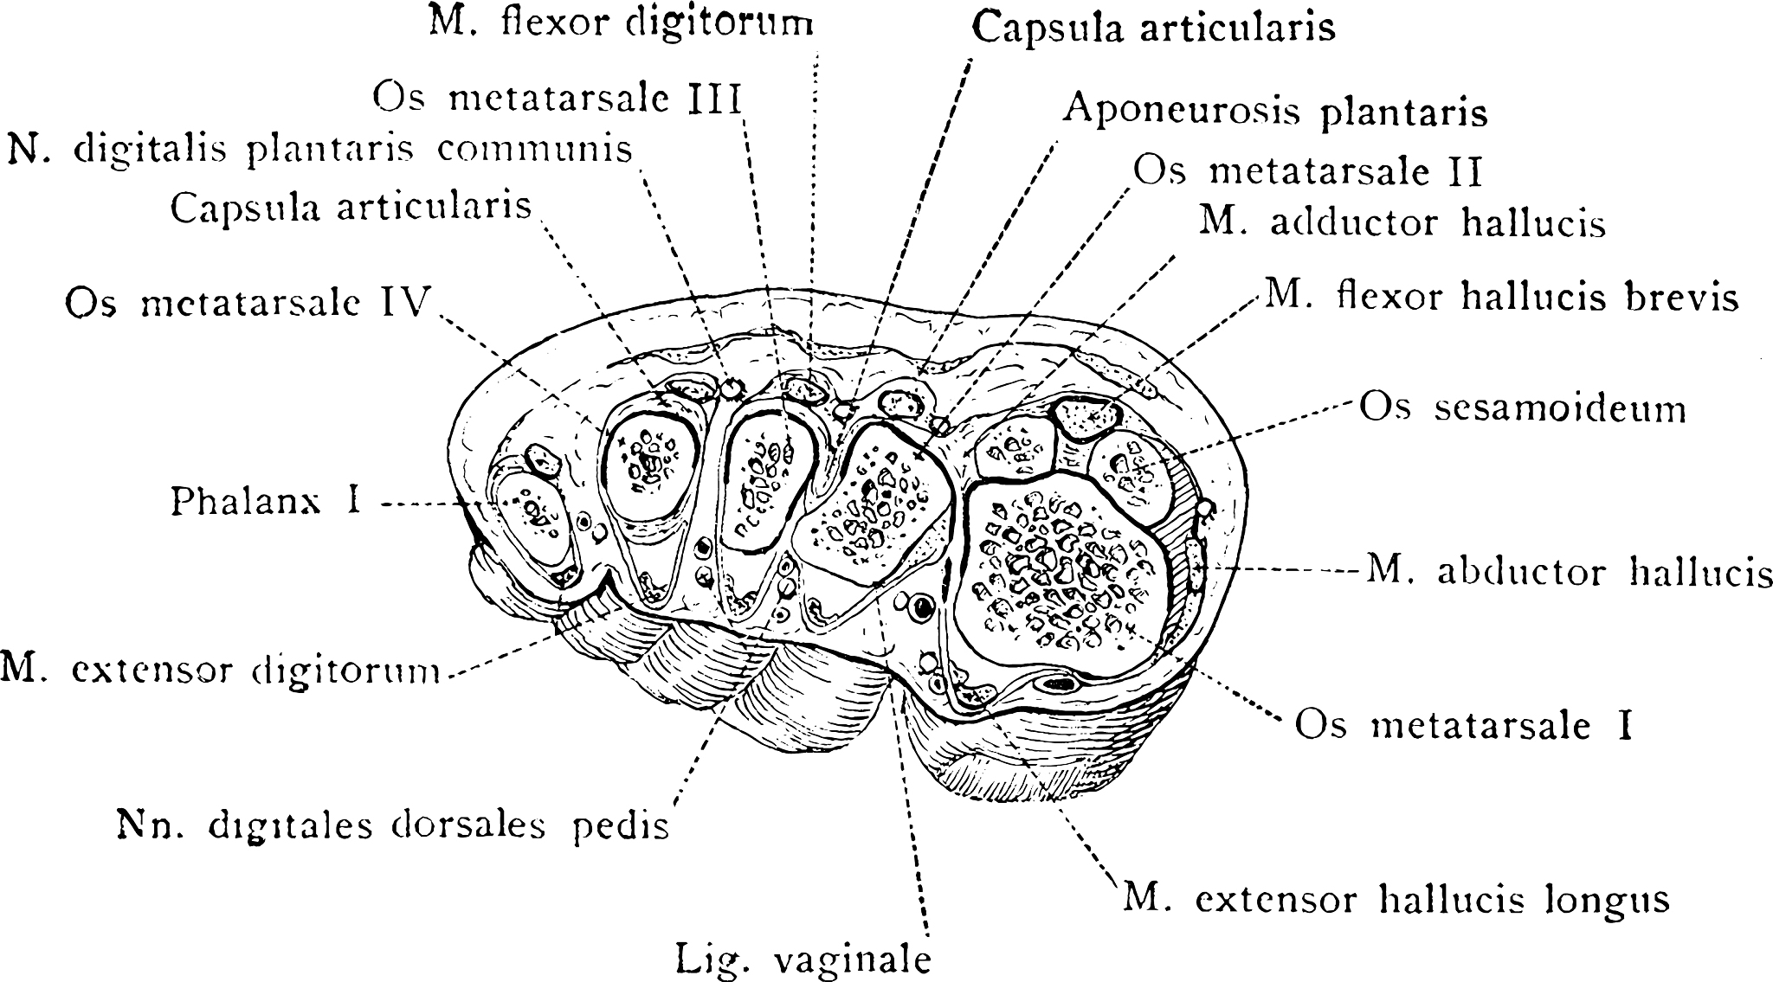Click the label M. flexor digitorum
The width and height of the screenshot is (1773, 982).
pyautogui.click(x=622, y=22)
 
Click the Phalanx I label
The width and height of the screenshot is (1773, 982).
pyautogui.click(x=266, y=502)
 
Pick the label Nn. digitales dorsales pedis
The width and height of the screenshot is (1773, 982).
pyautogui.click(x=393, y=825)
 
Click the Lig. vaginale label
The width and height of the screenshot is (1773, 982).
pyautogui.click(x=803, y=960)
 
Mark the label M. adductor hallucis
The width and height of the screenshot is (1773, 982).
pyautogui.click(x=1402, y=222)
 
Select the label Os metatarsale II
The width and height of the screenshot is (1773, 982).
pyautogui.click(x=1308, y=171)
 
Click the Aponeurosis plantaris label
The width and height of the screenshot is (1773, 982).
pyautogui.click(x=1275, y=112)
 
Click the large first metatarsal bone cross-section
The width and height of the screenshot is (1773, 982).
pyautogui.click(x=1061, y=575)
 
